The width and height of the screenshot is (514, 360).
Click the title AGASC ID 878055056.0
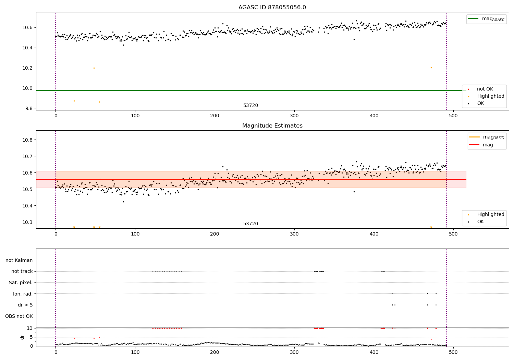coord(272,8)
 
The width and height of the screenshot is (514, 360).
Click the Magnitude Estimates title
coord(272,126)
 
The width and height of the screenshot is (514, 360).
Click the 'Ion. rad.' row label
coord(23,294)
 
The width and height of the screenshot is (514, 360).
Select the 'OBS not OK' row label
coord(19,316)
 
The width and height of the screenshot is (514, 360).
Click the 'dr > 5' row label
coord(25,305)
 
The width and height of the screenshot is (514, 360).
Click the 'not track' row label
coord(22,272)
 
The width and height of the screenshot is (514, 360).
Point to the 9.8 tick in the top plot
coord(27,108)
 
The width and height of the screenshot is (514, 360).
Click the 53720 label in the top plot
coord(250,106)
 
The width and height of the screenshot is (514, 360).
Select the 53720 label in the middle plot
coord(250,224)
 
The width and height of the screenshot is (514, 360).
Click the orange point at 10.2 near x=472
coord(431,68)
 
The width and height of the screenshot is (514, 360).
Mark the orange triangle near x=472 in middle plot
coord(431,227)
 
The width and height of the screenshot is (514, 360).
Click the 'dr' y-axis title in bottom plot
coord(22,337)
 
